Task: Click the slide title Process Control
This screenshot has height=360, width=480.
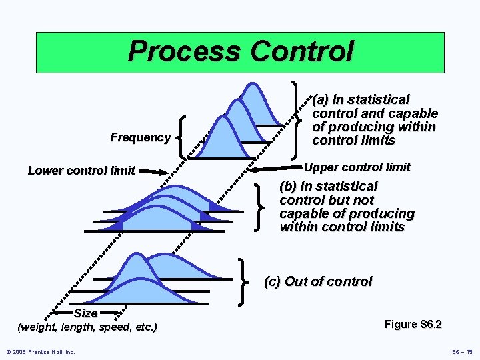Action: tap(240, 51)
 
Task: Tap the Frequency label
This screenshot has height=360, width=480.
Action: tap(141, 137)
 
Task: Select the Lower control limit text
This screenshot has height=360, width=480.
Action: tap(81, 171)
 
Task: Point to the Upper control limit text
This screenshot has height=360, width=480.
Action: tap(357, 167)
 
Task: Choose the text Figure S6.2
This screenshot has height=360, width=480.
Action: tap(413, 325)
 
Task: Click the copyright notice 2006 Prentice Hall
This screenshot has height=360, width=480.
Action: tap(40, 351)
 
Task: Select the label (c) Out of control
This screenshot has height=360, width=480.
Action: tap(318, 281)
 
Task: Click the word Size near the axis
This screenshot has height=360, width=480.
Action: tap(86, 313)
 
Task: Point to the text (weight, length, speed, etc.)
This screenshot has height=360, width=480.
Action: tap(87, 327)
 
